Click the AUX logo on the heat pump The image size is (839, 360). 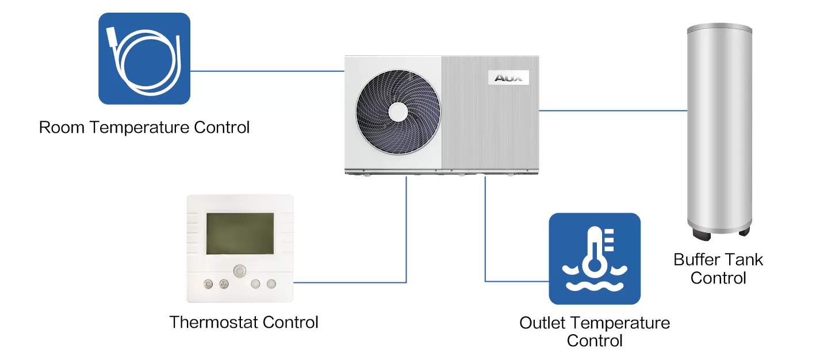[x=508, y=78]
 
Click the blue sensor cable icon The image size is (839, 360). [x=144, y=59]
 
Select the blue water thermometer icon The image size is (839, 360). [x=595, y=259]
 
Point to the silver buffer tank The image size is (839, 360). [x=719, y=127]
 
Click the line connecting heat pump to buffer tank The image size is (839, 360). [x=612, y=111]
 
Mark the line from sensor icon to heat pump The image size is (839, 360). [x=267, y=71]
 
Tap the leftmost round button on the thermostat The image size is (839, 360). [x=208, y=284]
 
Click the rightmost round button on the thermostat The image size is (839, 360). [x=271, y=284]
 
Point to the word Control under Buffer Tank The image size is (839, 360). [x=718, y=278]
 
